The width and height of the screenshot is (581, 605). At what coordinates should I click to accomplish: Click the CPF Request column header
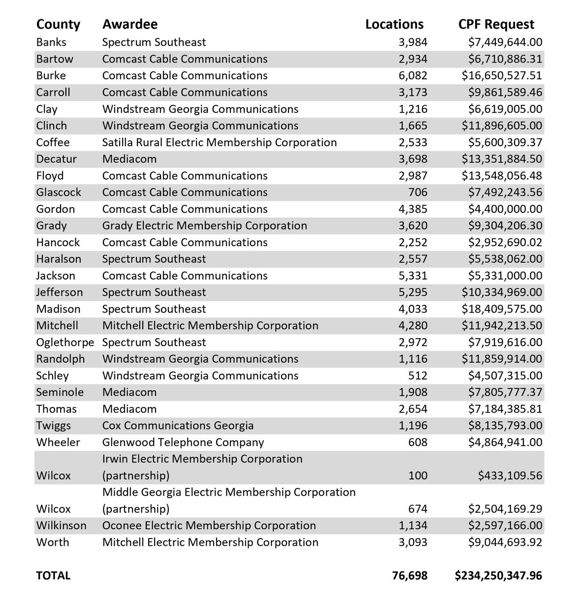(496, 25)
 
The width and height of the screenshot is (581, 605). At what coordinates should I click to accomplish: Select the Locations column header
(394, 25)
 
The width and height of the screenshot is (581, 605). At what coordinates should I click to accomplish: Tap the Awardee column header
(130, 25)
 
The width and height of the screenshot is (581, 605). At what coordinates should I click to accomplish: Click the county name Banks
(51, 42)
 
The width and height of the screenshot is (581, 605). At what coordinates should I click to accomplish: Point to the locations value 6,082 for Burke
(413, 76)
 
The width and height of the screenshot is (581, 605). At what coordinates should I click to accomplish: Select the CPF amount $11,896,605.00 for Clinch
(502, 126)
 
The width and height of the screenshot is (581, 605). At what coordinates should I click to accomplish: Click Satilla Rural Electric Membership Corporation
(220, 142)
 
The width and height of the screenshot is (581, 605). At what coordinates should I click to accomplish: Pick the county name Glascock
(59, 192)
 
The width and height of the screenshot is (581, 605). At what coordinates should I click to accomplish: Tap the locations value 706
(418, 192)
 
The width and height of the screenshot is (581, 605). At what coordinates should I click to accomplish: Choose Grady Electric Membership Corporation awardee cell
(204, 226)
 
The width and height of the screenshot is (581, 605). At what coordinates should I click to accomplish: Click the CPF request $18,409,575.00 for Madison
(502, 309)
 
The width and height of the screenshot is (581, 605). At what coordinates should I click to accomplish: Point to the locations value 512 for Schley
(418, 376)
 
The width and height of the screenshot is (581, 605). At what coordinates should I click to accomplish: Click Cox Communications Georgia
(178, 426)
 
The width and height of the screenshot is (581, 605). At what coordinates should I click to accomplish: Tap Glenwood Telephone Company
(183, 443)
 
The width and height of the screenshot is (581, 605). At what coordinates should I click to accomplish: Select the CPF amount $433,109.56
(510, 476)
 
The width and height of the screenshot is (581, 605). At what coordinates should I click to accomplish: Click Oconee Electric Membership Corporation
(209, 526)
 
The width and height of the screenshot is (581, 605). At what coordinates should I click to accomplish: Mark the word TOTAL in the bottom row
(53, 575)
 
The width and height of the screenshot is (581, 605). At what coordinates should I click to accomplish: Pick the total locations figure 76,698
(410, 575)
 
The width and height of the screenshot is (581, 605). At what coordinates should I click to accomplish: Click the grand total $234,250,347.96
(498, 575)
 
